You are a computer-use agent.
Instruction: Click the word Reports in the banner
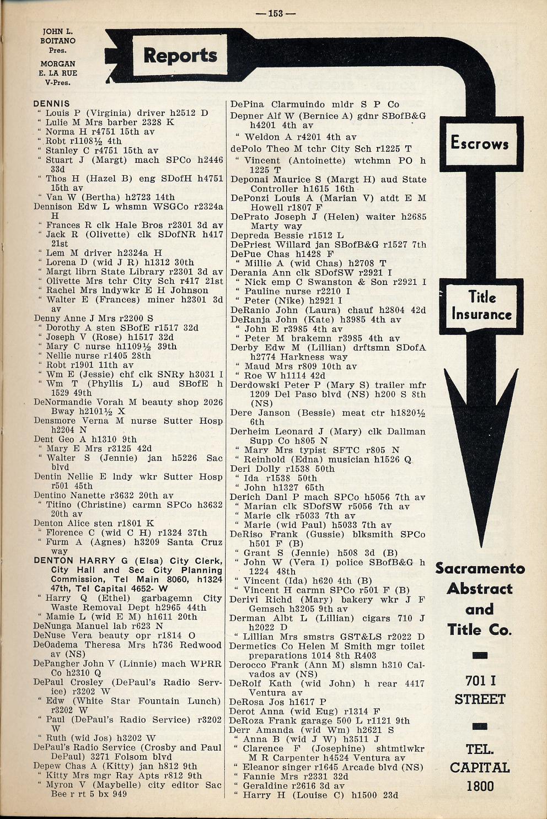coord(180,55)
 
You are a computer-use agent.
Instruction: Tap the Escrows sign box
coord(479,144)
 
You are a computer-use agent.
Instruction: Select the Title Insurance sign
coord(481,306)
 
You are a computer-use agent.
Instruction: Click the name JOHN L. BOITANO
coord(57,36)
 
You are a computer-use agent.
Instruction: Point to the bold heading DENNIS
coord(51,104)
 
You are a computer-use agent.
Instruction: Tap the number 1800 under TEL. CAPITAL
coord(480,786)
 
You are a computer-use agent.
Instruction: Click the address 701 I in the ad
coord(480,681)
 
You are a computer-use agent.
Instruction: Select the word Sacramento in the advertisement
coord(480,568)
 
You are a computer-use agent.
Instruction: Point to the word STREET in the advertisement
coord(480,699)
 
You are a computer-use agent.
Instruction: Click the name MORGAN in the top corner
coord(57,64)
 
